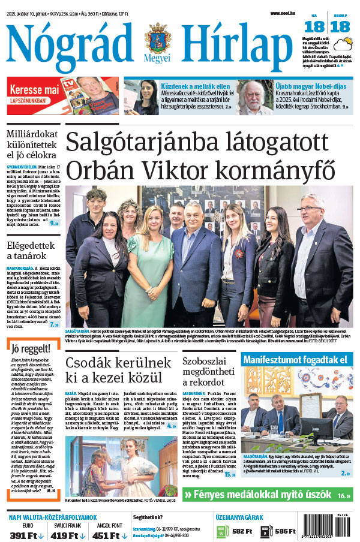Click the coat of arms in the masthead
(x=158, y=40)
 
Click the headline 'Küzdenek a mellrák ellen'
(x=194, y=86)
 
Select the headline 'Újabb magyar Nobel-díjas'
(x=307, y=86)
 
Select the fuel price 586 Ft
(x=285, y=531)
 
